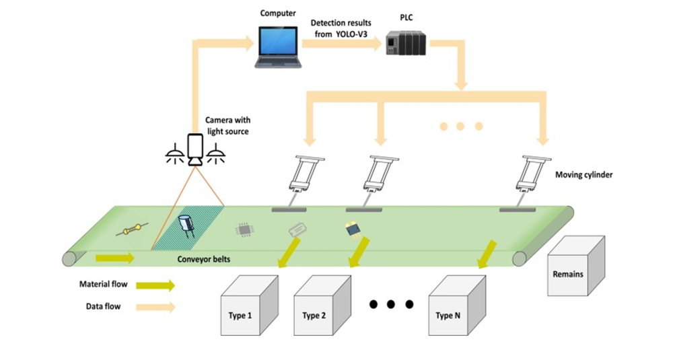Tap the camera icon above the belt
194,150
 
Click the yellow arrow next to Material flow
155,285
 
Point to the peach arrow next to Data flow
155,307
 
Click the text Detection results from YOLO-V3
341,29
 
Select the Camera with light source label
227,126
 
